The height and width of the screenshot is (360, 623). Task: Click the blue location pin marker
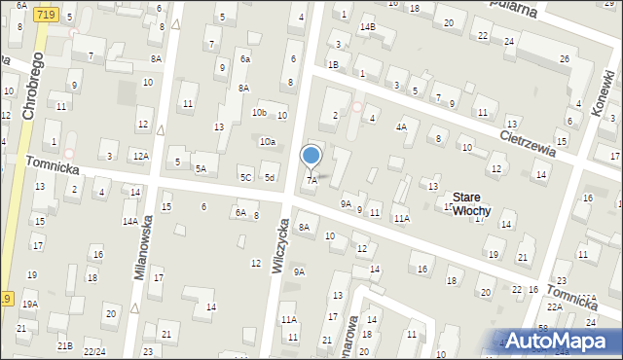point(311,156)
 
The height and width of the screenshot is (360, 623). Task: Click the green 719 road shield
point(43,15)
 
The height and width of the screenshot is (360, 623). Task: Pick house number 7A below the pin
point(312,180)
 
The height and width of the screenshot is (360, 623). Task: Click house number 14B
point(367,26)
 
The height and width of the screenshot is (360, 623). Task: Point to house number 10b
point(259,113)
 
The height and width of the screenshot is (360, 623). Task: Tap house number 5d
point(270,177)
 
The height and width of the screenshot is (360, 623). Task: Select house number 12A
point(141,156)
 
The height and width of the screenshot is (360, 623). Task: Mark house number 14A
point(129,222)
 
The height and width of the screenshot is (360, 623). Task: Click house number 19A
point(30,305)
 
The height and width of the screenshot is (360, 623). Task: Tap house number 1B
point(333,64)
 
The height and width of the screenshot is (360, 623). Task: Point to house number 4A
point(401,126)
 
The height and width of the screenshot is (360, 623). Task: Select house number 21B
point(64,345)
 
